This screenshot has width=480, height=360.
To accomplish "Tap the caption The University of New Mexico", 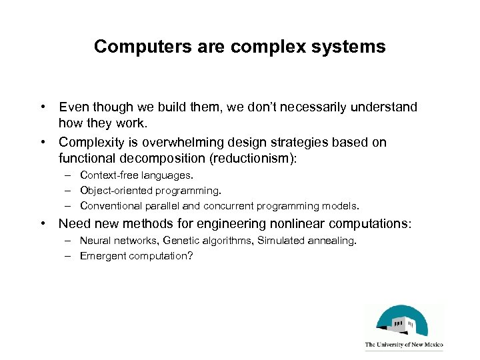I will [404, 345].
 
